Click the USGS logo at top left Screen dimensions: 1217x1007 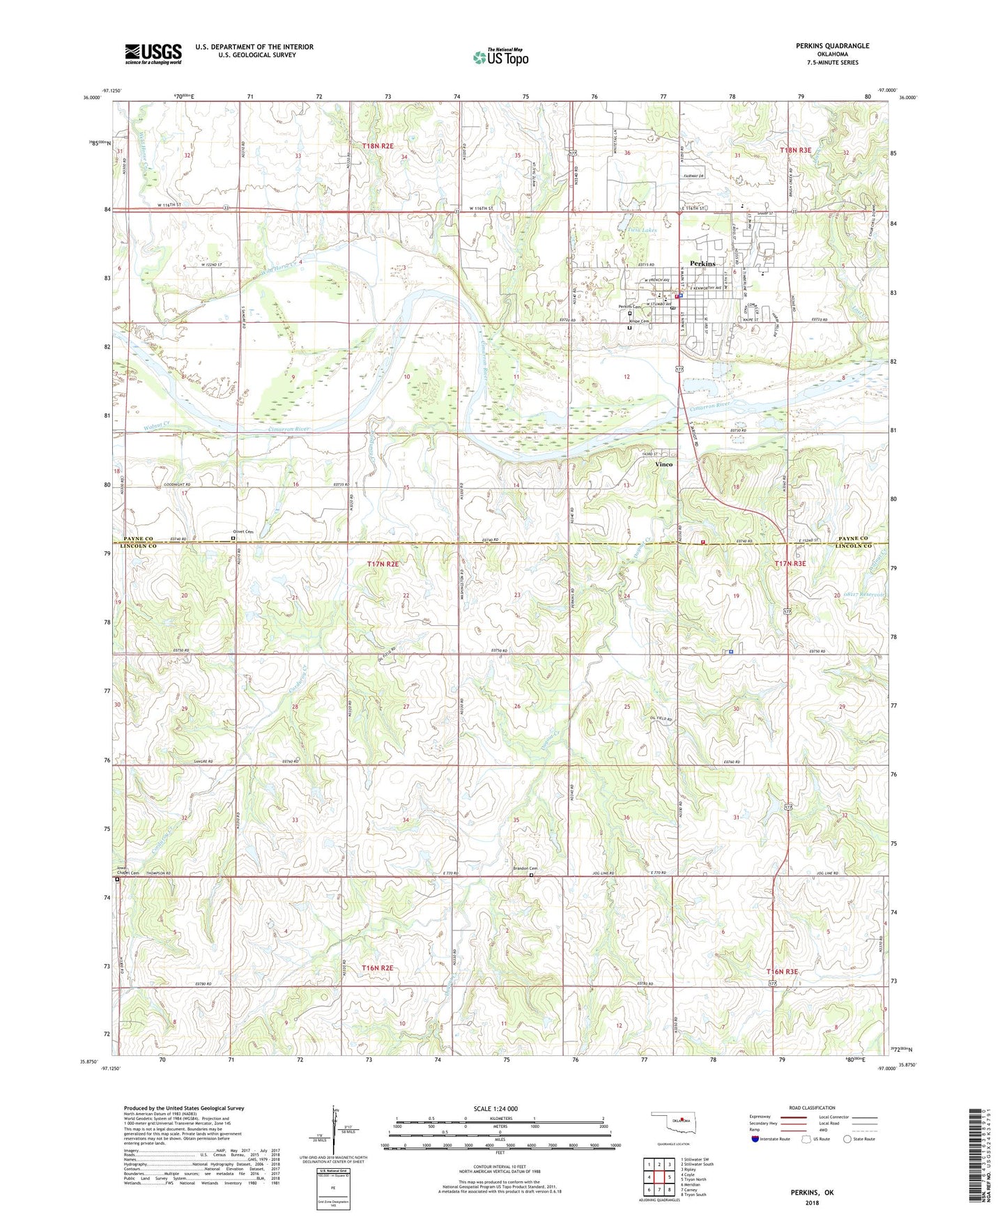[153, 54]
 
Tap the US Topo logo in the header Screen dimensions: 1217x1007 [500, 57]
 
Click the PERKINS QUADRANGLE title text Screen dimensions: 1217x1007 [832, 46]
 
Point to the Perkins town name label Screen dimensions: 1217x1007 [702, 263]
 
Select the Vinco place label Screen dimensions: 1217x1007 [663, 464]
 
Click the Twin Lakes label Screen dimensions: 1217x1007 [643, 229]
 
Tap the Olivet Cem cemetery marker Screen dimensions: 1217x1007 [233, 538]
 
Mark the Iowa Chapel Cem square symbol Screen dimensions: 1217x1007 [118, 880]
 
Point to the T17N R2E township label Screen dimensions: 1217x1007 [383, 563]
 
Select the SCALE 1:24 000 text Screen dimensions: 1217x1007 [495, 1109]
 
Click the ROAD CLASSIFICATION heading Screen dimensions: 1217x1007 [811, 1108]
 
